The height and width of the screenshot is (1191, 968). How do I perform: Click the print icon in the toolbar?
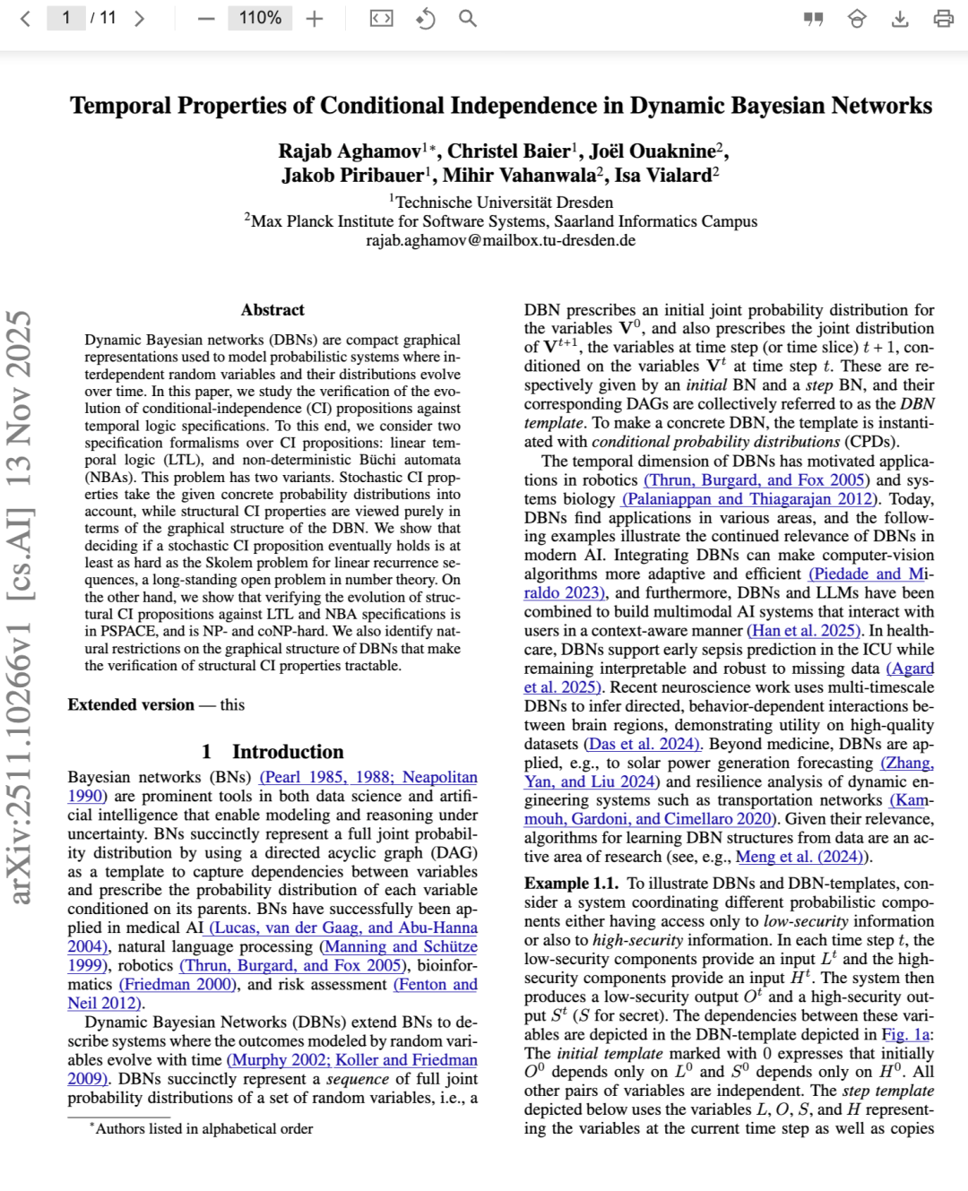[943, 19]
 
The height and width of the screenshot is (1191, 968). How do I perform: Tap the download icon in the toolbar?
[900, 19]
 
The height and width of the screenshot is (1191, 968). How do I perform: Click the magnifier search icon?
[467, 18]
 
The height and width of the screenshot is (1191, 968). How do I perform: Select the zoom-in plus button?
[314, 19]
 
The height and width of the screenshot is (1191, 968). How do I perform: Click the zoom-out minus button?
[206, 19]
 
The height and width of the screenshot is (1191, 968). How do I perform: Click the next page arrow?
[139, 19]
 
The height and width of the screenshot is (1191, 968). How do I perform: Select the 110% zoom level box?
[260, 18]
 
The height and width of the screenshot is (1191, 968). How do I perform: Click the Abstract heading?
[272, 310]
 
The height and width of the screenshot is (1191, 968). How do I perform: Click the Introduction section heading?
[272, 752]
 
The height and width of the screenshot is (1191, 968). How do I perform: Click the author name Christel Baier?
[508, 151]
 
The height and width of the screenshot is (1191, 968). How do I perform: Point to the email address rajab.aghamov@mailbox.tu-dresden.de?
[500, 240]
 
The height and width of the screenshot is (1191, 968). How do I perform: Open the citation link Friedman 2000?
[177, 984]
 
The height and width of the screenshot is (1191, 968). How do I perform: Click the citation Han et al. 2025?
[805, 631]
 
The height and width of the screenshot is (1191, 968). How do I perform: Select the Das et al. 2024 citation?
[643, 744]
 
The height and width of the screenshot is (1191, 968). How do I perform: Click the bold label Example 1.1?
[571, 884]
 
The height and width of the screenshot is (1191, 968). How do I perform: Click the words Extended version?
[131, 705]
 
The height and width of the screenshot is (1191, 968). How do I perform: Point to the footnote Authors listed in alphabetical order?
[203, 1129]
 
